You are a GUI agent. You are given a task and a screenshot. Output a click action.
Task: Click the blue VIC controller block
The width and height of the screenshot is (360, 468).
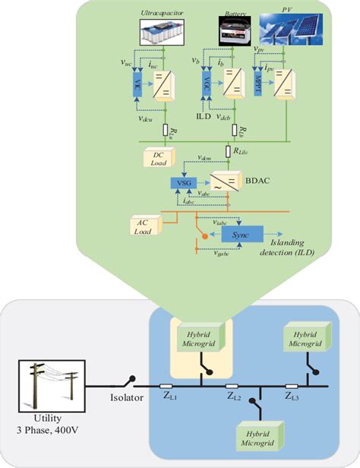pos(138,82)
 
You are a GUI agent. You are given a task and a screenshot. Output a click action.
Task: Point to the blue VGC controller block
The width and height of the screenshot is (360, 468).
pos(204,83)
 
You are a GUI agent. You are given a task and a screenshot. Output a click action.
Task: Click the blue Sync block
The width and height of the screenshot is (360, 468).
pos(242,236)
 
